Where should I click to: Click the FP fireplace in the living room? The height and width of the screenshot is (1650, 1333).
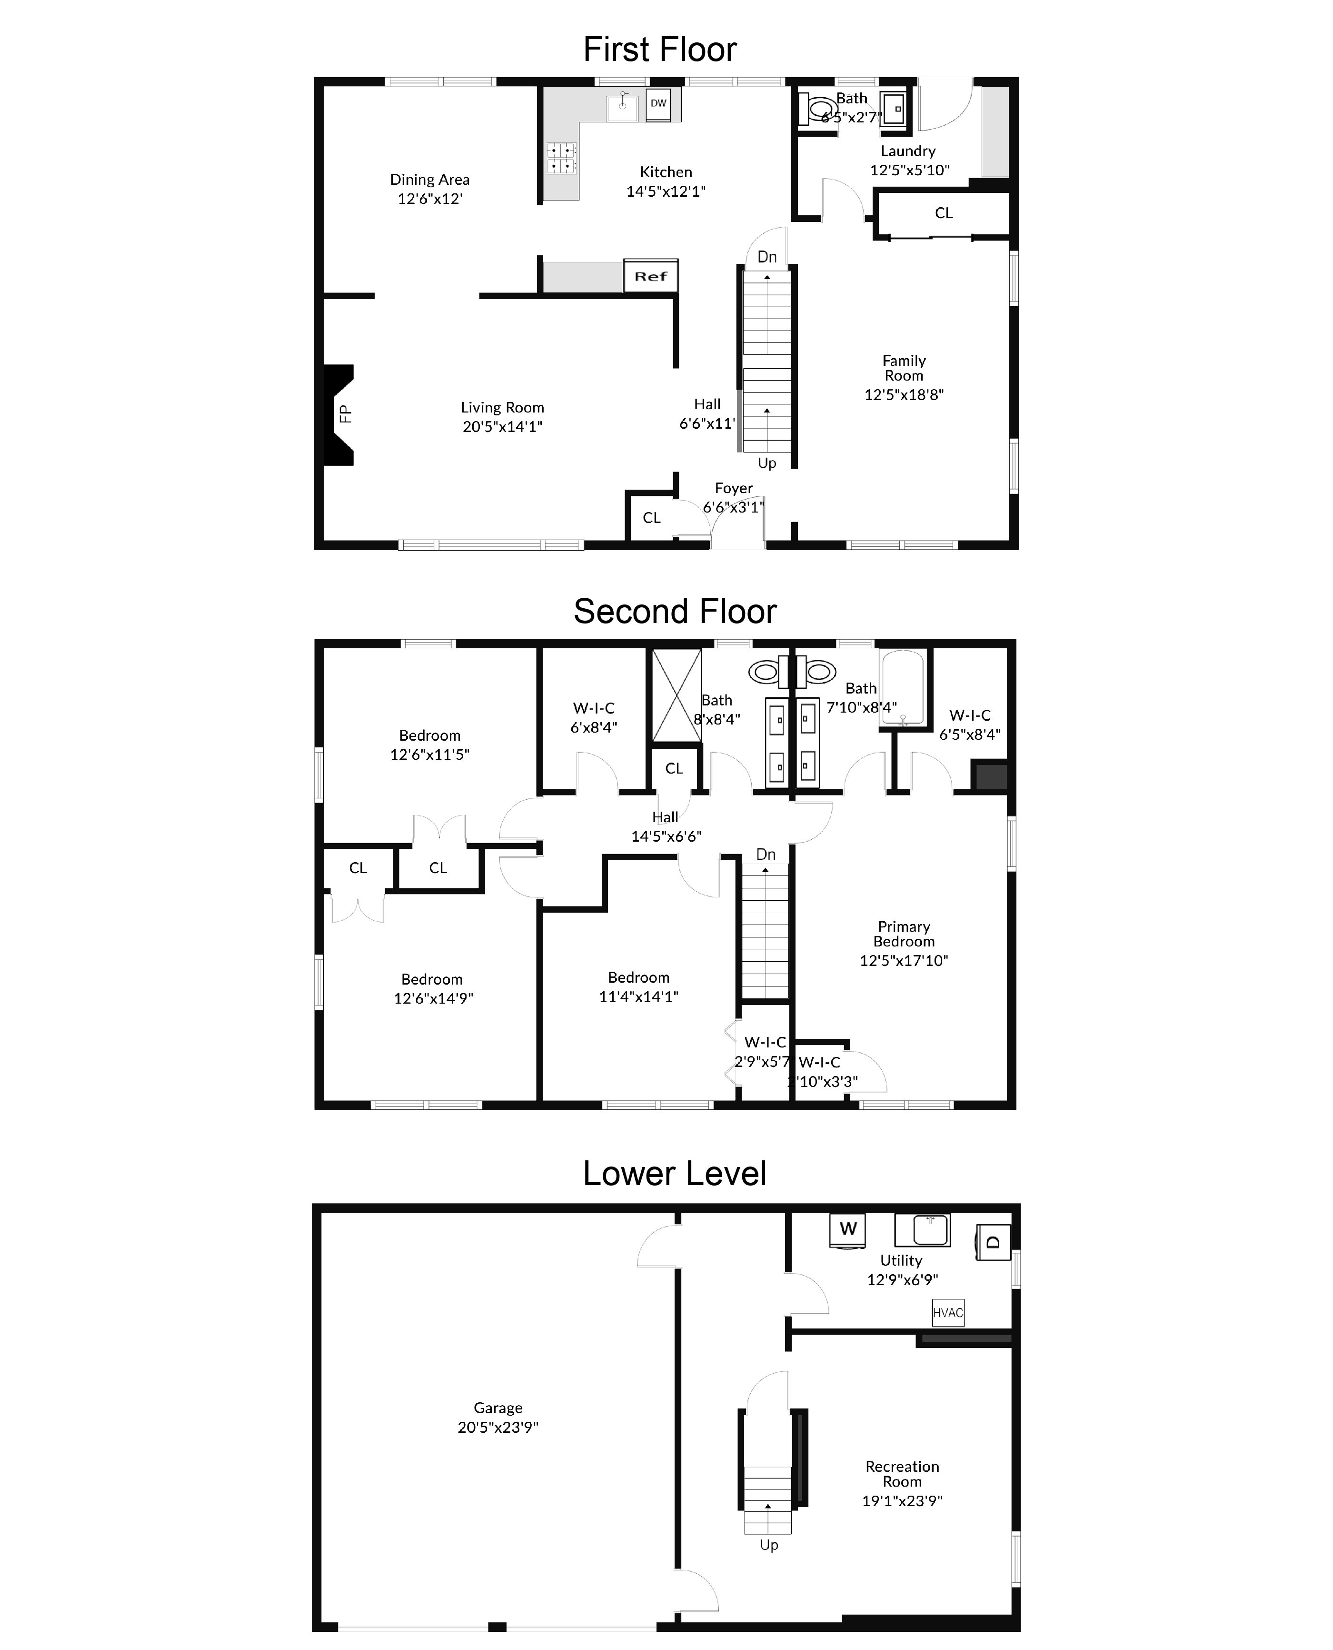click(338, 415)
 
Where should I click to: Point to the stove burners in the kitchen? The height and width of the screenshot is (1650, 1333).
click(561, 158)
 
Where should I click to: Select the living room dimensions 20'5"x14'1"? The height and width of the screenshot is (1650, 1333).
click(502, 426)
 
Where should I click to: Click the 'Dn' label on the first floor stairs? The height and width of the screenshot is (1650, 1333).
click(767, 257)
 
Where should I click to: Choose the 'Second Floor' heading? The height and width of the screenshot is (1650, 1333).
click(675, 612)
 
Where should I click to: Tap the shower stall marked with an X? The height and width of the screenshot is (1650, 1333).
click(676, 695)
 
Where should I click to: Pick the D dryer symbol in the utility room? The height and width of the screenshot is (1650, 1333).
click(992, 1242)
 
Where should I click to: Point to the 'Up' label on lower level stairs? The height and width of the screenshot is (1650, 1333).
click(769, 1545)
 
